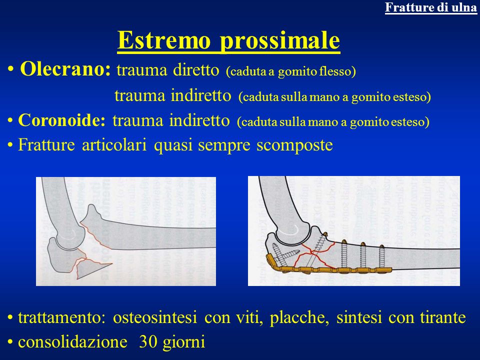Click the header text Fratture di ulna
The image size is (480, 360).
[430, 7]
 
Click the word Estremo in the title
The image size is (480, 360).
[164, 40]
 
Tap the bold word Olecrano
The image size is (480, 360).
[65, 69]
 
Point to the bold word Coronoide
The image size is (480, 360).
[61, 120]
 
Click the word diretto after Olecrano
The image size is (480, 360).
[196, 70]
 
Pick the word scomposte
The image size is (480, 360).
[294, 145]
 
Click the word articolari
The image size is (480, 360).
[114, 144]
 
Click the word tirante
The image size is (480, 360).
[442, 317]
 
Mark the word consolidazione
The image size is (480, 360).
[72, 341]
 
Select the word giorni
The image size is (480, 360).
[183, 342]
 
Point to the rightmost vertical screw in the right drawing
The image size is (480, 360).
[381, 256]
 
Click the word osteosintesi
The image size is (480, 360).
[154, 317]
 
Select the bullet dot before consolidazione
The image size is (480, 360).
[10, 342]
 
